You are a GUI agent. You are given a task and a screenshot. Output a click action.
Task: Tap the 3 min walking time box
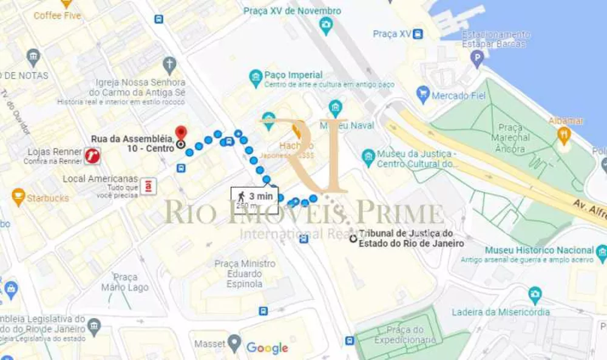coord(254,200)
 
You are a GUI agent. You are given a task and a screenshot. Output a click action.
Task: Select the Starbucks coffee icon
coord(18,197)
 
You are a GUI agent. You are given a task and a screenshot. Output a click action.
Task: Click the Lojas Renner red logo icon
coord(93,156)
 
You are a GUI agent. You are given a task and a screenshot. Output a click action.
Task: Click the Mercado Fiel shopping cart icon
coord(423,94)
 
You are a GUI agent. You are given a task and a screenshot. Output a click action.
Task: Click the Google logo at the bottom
coord(267,348)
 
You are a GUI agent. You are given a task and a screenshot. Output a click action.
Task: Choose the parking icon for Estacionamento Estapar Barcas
coord(478,59)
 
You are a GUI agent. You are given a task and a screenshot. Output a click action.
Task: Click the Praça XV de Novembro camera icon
coord(326,25)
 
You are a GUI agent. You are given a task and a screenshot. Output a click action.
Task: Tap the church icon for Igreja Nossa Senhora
coord(169,64)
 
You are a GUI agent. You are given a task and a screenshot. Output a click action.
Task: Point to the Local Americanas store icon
coord(148,186)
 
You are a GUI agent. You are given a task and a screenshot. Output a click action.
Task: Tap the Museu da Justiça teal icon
coord(368,158)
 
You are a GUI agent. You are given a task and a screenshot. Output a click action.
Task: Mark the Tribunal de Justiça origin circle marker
coord(353,239)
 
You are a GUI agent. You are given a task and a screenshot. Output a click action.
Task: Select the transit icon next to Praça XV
coord(418,34)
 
